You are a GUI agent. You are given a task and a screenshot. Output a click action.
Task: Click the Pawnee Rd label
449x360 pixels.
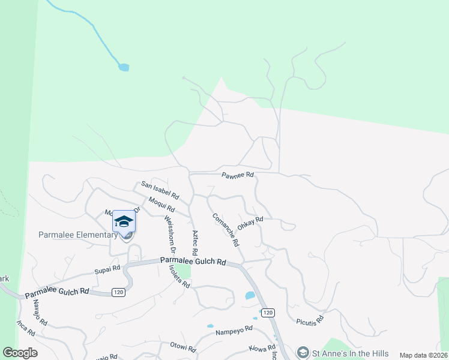coord(238,176)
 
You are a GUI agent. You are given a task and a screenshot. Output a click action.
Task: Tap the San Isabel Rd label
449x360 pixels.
coord(160,191)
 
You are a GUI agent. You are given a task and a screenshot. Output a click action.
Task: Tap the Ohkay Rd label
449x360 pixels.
coord(250,221)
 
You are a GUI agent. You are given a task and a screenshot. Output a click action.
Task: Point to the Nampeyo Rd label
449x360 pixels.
coord(232,331)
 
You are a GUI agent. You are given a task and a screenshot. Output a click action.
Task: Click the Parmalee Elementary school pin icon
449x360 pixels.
coord(124,223)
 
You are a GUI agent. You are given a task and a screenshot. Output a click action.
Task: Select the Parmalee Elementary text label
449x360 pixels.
coord(79,235)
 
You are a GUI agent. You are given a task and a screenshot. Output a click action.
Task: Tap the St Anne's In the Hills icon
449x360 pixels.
coord(303,353)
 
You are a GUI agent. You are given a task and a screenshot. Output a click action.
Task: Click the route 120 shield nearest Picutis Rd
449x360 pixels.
coord(268,313)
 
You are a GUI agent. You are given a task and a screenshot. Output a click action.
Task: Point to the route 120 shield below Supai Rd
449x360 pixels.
coord(118,292)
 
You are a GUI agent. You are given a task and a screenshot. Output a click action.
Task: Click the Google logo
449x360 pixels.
coord(20,353)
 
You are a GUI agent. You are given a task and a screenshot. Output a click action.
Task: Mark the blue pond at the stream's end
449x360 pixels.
coord(124,67)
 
